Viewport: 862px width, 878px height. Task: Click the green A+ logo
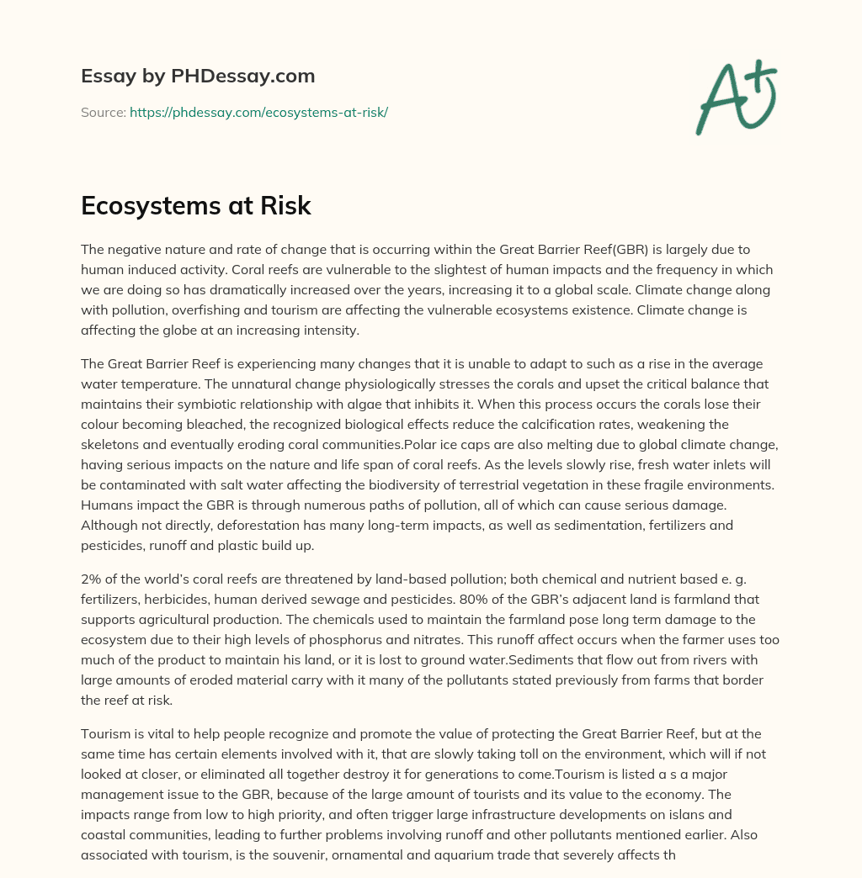(x=735, y=96)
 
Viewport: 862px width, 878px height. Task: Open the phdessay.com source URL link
(x=258, y=112)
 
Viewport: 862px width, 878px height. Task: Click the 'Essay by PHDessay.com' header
(x=198, y=76)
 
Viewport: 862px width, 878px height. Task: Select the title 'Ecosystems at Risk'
(x=196, y=206)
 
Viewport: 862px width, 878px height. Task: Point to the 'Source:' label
(x=103, y=112)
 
